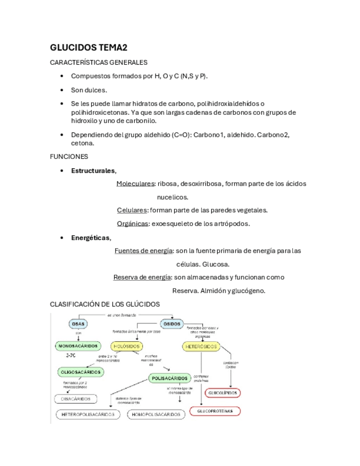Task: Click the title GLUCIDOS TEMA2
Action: [x=88, y=48]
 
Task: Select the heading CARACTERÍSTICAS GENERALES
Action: [x=98, y=62]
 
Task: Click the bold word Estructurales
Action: [x=93, y=170]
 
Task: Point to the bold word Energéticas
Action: [x=91, y=237]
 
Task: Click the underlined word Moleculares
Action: [x=135, y=184]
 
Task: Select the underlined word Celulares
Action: [x=132, y=210]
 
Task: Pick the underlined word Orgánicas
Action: [x=132, y=223]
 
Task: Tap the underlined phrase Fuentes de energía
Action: [x=143, y=251]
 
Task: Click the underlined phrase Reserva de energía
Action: [x=142, y=277]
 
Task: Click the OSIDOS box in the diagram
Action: [x=173, y=324]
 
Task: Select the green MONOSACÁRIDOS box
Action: [x=78, y=346]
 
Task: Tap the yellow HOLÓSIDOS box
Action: [x=126, y=347]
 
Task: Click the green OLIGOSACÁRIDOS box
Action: [x=80, y=372]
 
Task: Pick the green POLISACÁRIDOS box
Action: [x=170, y=378]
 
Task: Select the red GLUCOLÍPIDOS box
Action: [x=223, y=393]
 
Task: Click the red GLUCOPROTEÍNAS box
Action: [x=215, y=411]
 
